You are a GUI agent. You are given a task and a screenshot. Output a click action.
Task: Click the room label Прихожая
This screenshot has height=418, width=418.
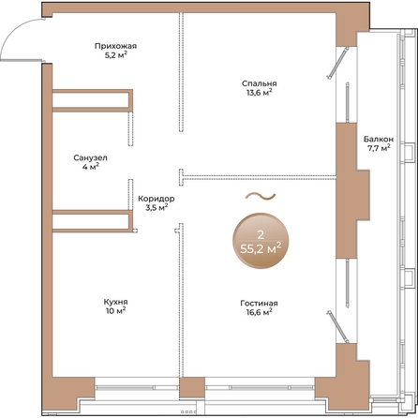click(x=115, y=46)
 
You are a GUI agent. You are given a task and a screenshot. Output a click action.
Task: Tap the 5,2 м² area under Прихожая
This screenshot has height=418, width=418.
click(x=115, y=55)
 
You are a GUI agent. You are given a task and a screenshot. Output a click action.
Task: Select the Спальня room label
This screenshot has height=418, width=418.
click(x=259, y=83)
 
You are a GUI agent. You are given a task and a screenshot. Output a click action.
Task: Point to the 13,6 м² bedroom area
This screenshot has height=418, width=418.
click(x=259, y=93)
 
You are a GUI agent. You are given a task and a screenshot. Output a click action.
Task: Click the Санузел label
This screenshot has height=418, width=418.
click(x=90, y=157)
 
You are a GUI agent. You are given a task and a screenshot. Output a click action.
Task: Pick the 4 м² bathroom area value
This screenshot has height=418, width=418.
click(x=91, y=167)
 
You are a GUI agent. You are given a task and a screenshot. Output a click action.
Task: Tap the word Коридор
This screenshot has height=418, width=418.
click(x=157, y=199)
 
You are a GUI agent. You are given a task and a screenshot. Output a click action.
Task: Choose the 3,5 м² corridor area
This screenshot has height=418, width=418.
click(x=157, y=207)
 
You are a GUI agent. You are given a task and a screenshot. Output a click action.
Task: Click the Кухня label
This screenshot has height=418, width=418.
click(x=115, y=302)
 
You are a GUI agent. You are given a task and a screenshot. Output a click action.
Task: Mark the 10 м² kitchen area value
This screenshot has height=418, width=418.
click(x=116, y=311)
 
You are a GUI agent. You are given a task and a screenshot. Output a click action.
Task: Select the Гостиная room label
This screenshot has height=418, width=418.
click(x=259, y=304)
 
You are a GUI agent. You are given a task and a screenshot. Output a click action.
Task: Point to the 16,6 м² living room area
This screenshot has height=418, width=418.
click(x=260, y=312)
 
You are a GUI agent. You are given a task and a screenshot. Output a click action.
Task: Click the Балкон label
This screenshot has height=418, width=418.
click(x=379, y=139)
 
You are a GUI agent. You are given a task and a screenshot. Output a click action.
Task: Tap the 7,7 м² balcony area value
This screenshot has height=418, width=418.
click(x=379, y=148)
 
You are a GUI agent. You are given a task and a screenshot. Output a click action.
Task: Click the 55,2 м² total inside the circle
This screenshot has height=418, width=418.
click(x=261, y=249)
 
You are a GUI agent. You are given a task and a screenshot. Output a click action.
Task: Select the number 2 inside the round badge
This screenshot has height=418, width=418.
click(x=260, y=234)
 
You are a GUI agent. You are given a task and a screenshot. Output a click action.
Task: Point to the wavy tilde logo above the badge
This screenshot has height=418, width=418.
click(x=261, y=196)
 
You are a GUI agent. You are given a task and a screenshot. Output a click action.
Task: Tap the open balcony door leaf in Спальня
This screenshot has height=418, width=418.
click(x=337, y=64)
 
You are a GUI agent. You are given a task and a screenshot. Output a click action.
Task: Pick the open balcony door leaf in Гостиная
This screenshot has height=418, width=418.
click(x=337, y=326)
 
